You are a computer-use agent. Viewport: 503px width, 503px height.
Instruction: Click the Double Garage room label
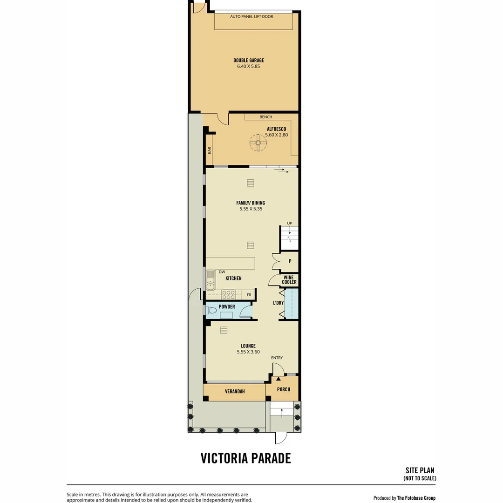coord(249,60)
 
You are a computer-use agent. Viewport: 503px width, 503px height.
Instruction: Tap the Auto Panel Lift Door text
coord(251,16)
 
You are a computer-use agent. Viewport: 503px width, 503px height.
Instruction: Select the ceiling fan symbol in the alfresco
coord(258,143)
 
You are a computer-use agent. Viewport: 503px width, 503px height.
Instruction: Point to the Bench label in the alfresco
coord(265,117)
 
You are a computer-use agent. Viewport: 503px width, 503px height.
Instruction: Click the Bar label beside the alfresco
coord(210,150)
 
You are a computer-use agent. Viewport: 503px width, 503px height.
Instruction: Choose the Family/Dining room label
coord(251,203)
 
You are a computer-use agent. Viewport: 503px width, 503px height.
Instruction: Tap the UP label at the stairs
coord(289,223)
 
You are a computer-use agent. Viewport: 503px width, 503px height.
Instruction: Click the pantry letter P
coord(290,261)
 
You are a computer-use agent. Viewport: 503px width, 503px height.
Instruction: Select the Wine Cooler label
coord(289,280)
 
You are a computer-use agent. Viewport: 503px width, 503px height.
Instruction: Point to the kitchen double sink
coord(211,280)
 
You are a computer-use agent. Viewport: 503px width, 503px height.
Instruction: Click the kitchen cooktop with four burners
coord(228,294)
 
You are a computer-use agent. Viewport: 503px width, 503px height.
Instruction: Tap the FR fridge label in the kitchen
coord(249,295)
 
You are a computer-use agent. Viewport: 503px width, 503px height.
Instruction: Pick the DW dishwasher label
coord(222,272)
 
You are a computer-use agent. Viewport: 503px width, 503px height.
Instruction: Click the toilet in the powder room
coord(211,311)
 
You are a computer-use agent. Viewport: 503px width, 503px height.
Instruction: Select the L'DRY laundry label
coord(278,303)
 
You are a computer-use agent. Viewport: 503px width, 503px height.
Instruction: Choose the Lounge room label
coord(248,346)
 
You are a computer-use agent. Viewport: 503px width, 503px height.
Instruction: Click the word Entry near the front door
coord(277,358)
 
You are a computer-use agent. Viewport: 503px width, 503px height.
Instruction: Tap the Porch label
coord(284,389)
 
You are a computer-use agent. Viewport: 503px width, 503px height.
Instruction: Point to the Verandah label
coord(235,391)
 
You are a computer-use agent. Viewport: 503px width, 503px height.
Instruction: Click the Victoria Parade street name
coord(246,458)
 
